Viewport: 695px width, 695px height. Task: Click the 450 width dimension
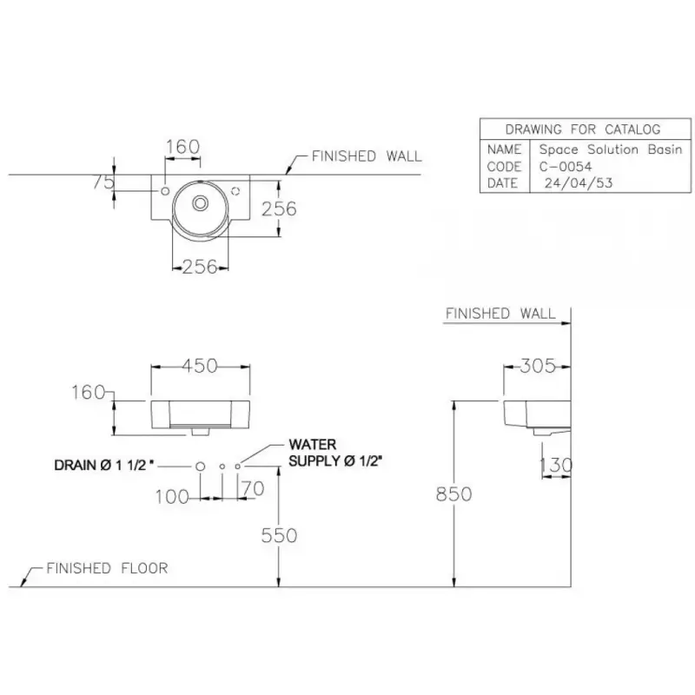tap(200, 366)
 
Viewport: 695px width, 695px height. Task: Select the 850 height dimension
tap(453, 493)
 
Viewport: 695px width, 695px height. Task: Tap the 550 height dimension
tap(279, 535)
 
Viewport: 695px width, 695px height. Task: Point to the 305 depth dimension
tap(538, 366)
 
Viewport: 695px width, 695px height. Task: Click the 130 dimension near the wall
tap(556, 465)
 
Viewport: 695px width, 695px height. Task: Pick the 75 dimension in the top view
tap(103, 182)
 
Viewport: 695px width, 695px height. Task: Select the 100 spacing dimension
tap(172, 497)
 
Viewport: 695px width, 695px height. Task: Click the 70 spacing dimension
tap(254, 488)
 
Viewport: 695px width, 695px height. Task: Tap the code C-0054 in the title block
tap(566, 167)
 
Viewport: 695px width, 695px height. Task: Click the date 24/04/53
tap(579, 183)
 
